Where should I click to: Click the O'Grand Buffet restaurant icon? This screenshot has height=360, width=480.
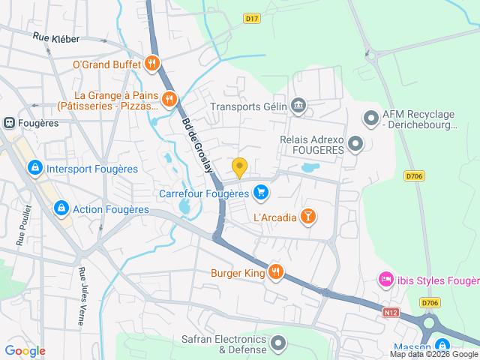pos(152,64)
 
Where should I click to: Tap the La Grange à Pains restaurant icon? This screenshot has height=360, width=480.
pos(170,98)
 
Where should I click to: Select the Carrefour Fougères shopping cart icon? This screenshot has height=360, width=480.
pos(260,193)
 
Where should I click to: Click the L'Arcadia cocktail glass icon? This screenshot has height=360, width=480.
pos(307,217)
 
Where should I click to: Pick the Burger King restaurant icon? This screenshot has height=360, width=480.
pos(276,272)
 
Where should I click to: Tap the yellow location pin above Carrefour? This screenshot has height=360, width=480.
pos(239,168)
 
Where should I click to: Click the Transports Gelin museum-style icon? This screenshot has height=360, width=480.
pos(298,106)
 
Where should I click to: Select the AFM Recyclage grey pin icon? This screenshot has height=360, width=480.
pos(370,118)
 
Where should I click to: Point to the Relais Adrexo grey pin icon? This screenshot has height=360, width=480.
pos(355,142)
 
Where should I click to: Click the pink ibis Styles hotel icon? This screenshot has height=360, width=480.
pos(385,280)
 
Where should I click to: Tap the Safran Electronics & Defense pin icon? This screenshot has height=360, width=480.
pos(279,343)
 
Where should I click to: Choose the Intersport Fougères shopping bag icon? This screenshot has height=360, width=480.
pos(34,169)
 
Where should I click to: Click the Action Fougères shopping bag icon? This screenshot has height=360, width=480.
pos(61,209)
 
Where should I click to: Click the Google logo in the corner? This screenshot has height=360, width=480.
pos(25,350)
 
